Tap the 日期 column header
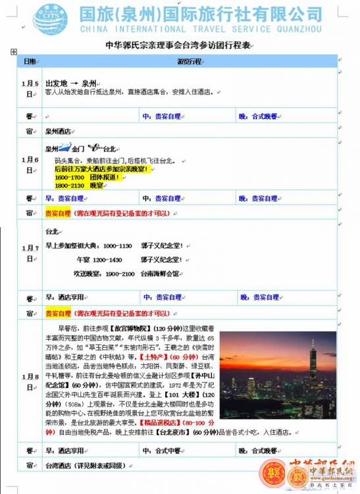[x=30, y=61]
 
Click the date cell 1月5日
[x=30, y=88]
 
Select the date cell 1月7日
[x=30, y=253]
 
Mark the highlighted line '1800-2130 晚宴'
[x=79, y=186]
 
